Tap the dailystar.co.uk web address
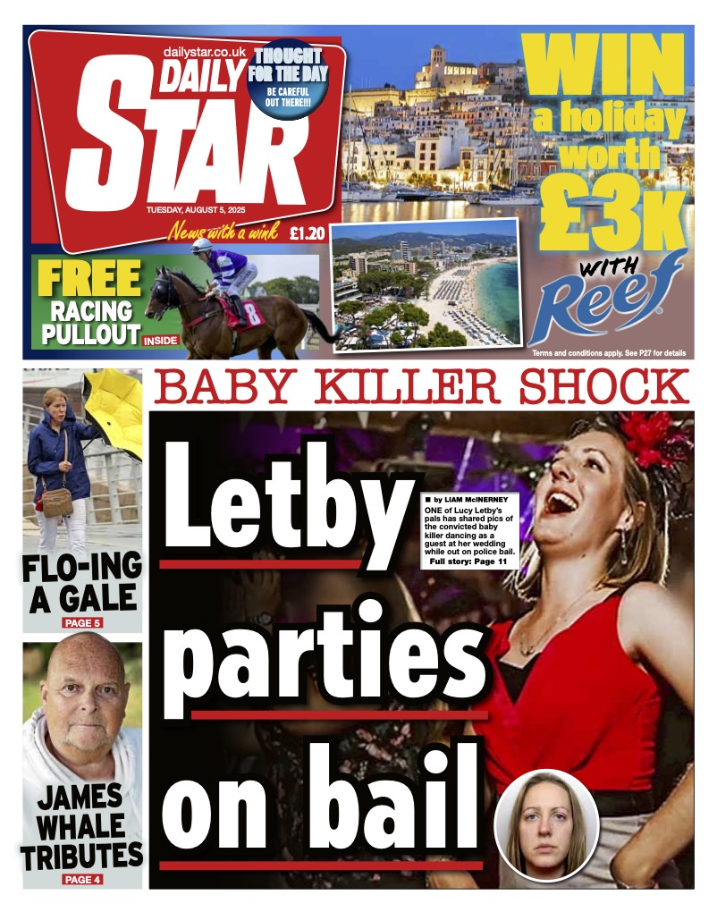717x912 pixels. pos(205,53)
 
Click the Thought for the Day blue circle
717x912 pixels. pos(288,81)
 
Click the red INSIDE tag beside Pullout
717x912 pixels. pos(162,340)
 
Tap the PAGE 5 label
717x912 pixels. pos(82,621)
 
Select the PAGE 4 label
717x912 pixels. pos(82,879)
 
